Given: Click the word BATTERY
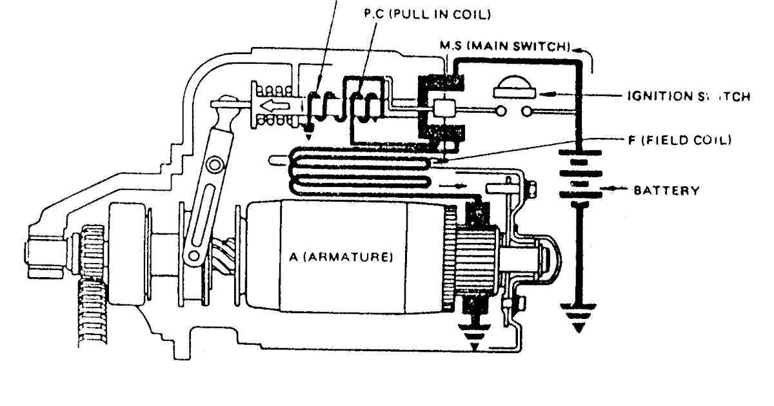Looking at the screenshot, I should coord(666,191).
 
